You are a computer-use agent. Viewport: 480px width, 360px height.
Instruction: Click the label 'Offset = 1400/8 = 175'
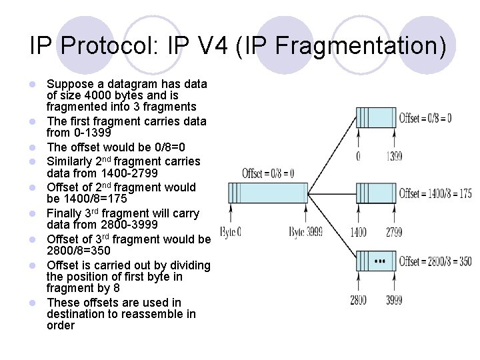[435, 193]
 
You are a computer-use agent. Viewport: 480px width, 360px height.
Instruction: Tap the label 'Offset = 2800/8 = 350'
[435, 261]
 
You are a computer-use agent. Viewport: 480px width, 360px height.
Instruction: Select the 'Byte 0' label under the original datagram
[230, 233]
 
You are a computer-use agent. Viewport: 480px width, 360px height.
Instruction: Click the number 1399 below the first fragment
[394, 157]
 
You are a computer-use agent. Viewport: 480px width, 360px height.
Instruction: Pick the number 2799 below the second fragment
[394, 233]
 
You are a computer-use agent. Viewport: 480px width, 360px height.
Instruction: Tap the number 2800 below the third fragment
[359, 300]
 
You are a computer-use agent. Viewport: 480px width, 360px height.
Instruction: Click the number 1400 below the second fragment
[359, 233]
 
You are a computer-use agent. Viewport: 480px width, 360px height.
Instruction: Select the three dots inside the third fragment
[380, 261]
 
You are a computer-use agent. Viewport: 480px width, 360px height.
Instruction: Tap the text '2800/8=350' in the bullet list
[78, 251]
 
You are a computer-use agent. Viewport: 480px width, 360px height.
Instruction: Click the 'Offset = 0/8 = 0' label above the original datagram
[268, 173]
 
